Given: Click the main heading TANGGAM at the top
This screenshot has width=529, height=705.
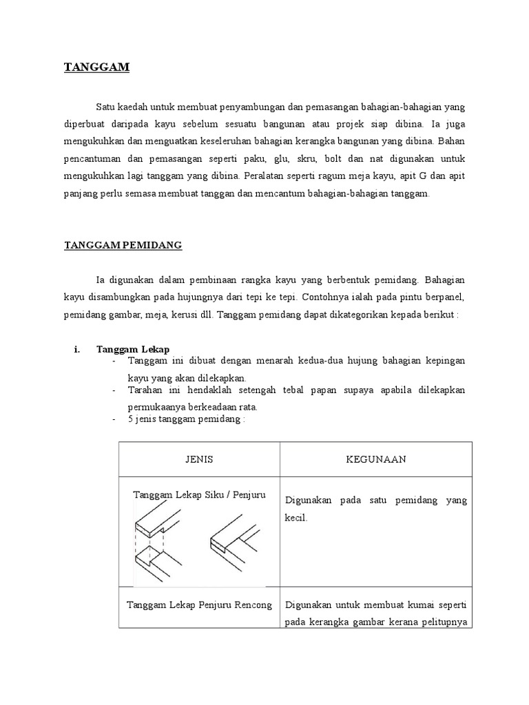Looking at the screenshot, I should pyautogui.click(x=96, y=67).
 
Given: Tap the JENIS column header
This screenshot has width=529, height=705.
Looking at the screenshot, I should pyautogui.click(x=198, y=459).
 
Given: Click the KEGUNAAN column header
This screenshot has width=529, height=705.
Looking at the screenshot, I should pyautogui.click(x=375, y=459).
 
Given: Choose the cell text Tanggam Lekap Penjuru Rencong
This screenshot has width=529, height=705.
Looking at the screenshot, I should pyautogui.click(x=199, y=605).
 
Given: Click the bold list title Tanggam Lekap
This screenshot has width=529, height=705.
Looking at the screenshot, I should pyautogui.click(x=133, y=350).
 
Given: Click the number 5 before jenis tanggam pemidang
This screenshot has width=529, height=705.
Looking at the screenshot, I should pyautogui.click(x=130, y=419).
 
